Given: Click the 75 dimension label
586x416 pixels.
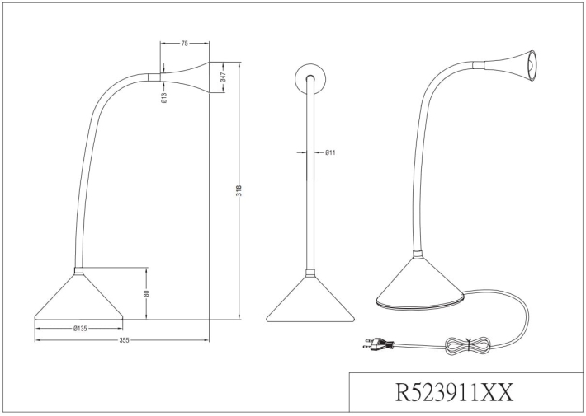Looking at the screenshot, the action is tap(184, 44).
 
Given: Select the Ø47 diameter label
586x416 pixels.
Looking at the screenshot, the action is tap(223, 77).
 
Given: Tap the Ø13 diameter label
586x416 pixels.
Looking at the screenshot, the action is tap(164, 98).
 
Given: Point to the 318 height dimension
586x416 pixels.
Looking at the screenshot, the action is tap(239, 190).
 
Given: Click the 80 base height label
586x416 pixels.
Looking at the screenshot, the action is tap(147, 293).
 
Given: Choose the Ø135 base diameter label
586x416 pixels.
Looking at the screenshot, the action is tap(80, 329).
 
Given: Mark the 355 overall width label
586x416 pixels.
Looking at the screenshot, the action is tap(124, 340).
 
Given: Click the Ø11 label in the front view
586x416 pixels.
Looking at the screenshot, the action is tap(330, 152).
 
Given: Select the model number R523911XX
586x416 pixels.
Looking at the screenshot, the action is tap(454, 392).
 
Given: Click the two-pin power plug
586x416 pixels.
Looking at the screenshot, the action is tap(378, 344).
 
